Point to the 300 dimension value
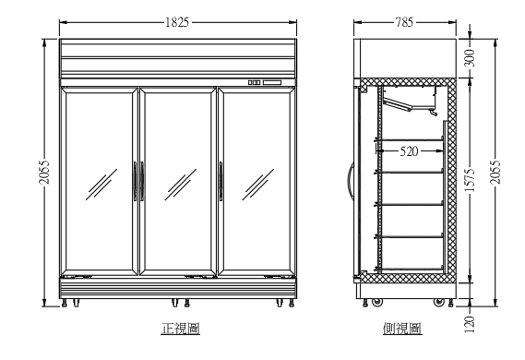click(x=470, y=57)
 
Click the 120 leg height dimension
click(x=470, y=322)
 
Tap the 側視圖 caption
click(x=402, y=329)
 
